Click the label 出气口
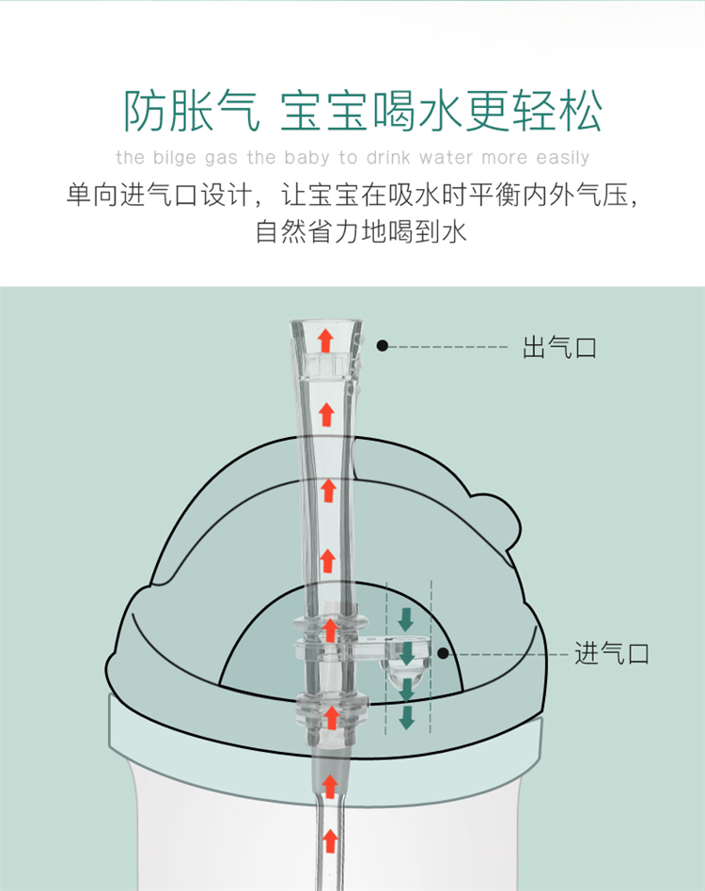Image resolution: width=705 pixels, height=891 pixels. tap(559, 347)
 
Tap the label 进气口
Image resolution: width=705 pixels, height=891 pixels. tap(612, 653)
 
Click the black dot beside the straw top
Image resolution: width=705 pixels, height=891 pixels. tap(383, 346)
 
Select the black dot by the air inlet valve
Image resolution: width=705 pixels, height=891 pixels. tap(443, 653)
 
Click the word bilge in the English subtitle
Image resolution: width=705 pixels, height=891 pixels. tap(175, 157)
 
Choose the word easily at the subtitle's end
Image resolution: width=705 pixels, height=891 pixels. tap(563, 157)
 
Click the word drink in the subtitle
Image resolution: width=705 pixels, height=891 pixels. tap(388, 157)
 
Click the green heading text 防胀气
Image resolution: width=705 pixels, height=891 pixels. tap(193, 111)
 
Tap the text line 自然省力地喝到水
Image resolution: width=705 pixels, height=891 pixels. tap(361, 231)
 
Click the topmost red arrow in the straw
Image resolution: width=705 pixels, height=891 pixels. tap(325, 340)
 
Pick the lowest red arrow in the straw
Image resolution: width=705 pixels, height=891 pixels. tap(330, 840)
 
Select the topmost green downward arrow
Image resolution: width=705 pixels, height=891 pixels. tap(406, 619)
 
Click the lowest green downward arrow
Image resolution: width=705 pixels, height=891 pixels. tap(407, 718)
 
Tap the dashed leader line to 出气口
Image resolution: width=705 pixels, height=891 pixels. tap(448, 346)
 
